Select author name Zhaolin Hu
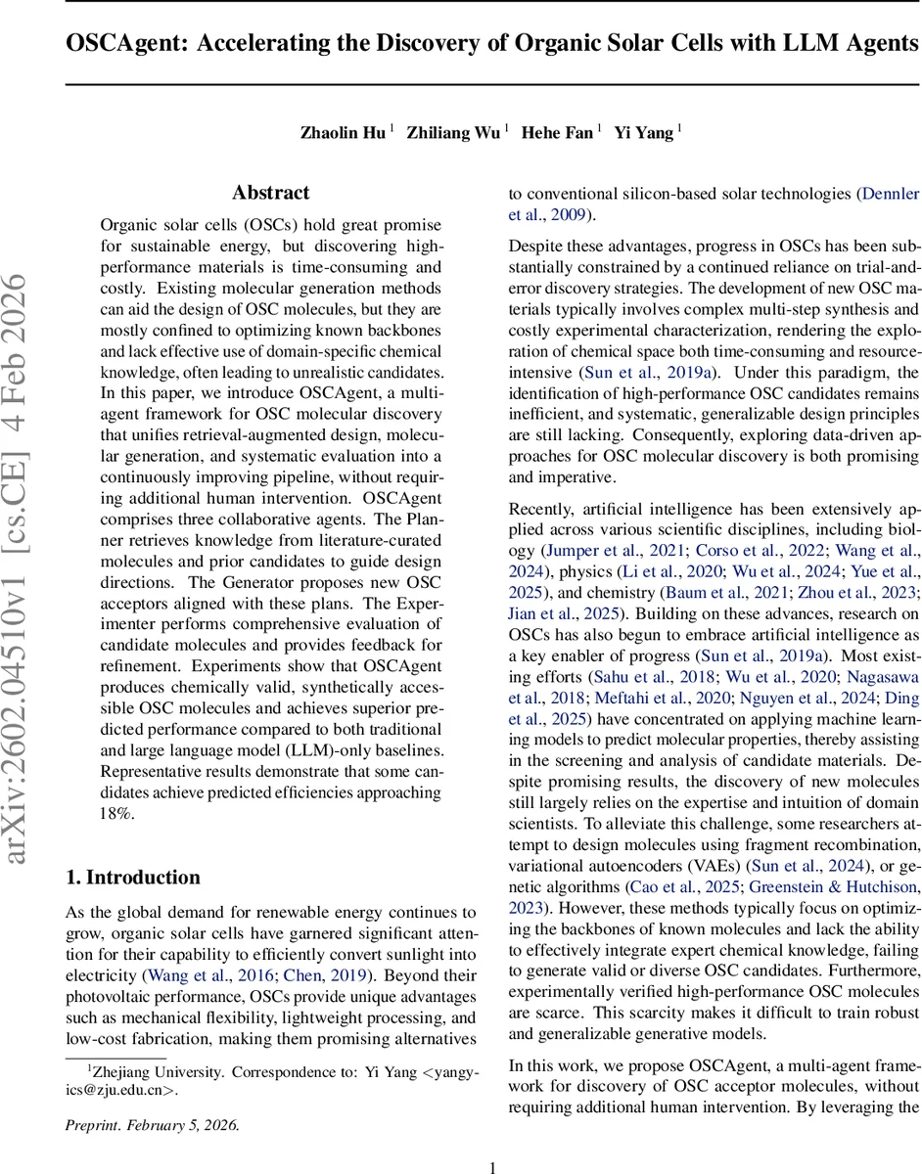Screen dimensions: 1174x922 (x=343, y=133)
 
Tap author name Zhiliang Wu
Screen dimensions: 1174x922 (x=453, y=133)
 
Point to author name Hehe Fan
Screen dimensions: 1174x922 (x=557, y=133)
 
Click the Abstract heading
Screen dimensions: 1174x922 (x=271, y=193)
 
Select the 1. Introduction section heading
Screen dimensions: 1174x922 (x=132, y=877)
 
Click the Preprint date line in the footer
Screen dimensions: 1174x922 (x=152, y=1097)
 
